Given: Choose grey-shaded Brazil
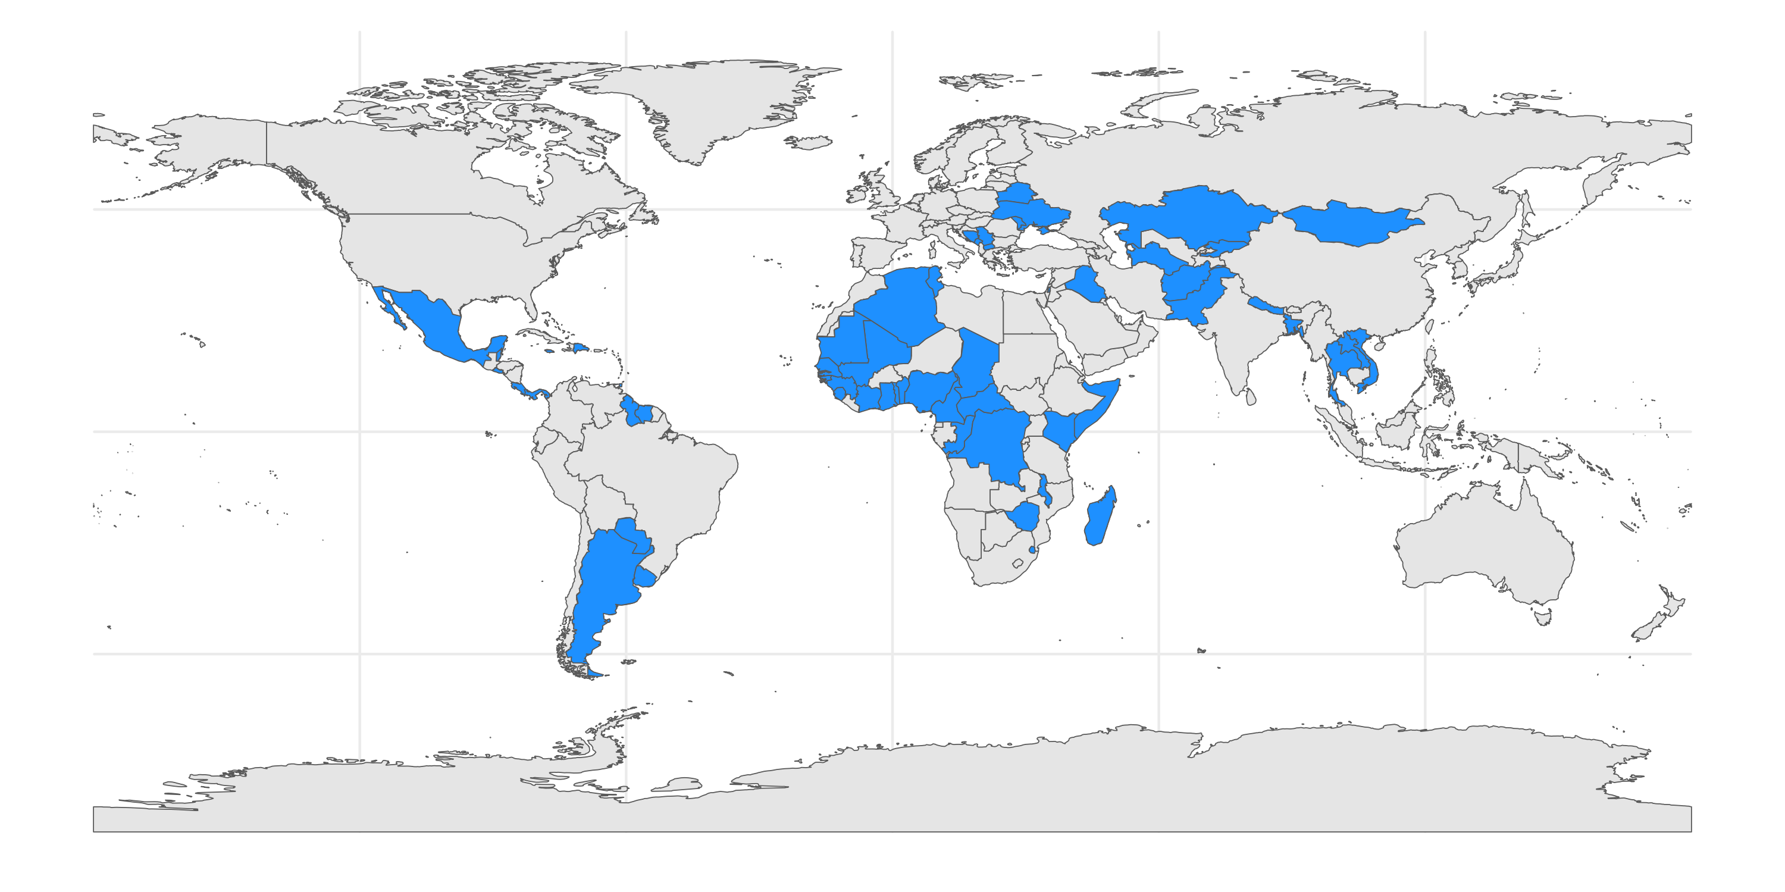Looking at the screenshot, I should pos(658,478).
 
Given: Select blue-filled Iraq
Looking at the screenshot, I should pos(1085,284).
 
